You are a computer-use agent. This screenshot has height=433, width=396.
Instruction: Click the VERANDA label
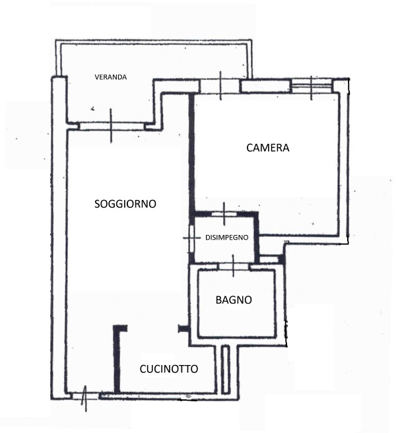tap(111, 77)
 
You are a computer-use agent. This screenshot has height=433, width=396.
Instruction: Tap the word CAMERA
tap(267, 148)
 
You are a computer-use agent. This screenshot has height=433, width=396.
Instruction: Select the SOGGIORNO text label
tap(125, 204)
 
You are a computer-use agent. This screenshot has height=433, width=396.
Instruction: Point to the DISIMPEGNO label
tap(227, 238)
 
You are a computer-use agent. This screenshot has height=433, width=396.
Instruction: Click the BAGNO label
tap(234, 300)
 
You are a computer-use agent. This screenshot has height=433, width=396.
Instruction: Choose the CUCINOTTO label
tap(169, 369)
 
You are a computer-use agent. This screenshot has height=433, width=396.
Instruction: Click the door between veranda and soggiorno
tap(112, 126)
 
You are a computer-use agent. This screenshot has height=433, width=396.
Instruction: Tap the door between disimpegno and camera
tap(224, 214)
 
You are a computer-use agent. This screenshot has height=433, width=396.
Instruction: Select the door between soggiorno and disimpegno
tap(191, 238)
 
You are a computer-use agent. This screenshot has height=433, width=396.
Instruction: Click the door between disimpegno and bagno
tap(234, 266)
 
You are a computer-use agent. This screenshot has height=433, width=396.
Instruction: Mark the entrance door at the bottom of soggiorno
tap(85, 397)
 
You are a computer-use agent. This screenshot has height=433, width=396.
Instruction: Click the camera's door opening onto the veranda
tap(220, 86)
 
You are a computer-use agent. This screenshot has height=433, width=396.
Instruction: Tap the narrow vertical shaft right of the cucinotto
tap(226, 369)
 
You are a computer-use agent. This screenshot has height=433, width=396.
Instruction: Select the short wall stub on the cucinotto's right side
tap(183, 329)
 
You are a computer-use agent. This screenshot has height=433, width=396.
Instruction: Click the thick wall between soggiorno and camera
tap(192, 153)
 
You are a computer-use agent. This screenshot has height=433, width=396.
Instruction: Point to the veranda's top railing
tap(153, 42)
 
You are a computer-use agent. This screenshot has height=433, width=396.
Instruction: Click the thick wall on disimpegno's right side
tap(257, 237)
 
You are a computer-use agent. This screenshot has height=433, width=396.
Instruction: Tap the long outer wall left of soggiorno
tap(59, 238)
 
